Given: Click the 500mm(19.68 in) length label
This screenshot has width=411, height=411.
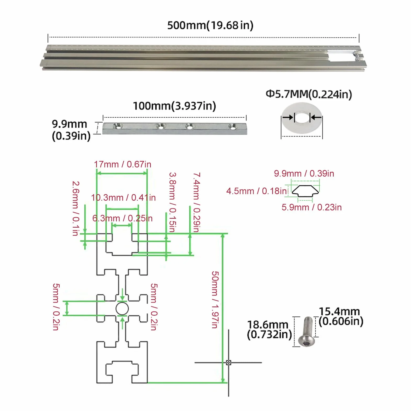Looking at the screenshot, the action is (x=210, y=25).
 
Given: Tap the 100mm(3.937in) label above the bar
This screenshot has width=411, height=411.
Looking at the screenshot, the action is (x=174, y=106).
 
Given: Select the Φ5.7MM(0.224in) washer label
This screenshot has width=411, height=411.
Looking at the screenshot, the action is (x=309, y=94).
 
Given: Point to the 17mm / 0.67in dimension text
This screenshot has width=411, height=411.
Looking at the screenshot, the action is (x=123, y=164).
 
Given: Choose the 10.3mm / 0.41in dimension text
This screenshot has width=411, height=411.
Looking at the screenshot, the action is (x=123, y=198).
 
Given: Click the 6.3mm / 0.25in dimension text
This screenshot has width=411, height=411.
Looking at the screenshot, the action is (x=122, y=218).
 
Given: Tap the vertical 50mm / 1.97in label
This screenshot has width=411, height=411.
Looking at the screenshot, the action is (x=215, y=300).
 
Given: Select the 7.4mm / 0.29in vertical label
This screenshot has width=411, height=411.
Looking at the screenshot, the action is (x=196, y=202).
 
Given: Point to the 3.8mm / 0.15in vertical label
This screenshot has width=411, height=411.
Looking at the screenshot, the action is (x=172, y=202).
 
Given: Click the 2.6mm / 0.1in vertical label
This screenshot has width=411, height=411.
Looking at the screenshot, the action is (x=76, y=209).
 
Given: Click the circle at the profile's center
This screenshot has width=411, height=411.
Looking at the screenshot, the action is (x=122, y=309).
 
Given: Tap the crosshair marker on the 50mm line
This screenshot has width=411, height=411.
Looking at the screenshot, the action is (x=228, y=363).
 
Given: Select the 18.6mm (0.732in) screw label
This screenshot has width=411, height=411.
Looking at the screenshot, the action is (x=269, y=330).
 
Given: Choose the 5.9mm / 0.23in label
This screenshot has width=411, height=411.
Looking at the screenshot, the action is (x=311, y=207).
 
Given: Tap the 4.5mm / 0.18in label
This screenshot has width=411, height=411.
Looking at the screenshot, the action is (x=256, y=191).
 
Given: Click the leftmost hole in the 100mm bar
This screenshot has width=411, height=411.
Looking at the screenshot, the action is (x=118, y=126).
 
